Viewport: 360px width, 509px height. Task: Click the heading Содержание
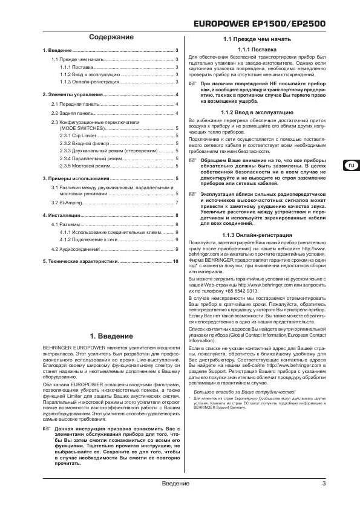coord(111,37)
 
